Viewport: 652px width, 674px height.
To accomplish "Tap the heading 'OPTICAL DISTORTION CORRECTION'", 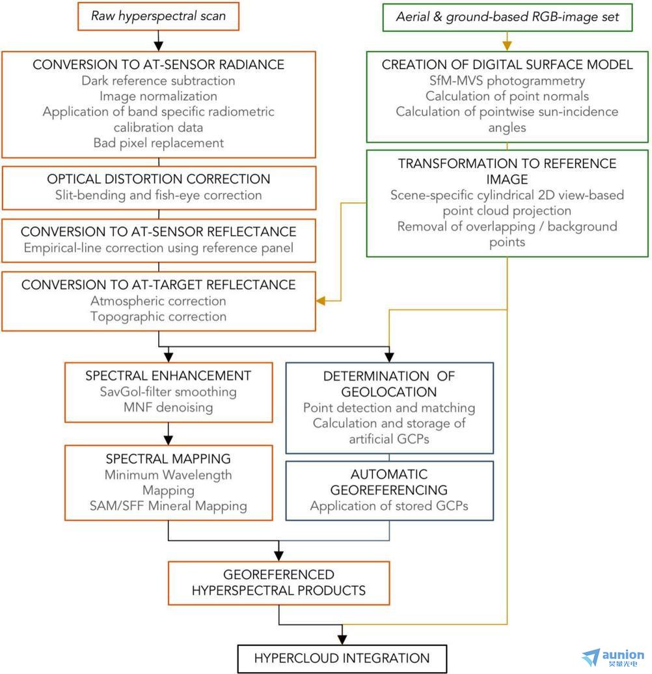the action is click(159, 179).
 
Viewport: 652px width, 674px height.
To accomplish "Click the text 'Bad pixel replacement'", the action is click(159, 143).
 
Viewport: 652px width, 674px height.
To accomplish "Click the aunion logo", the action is click(613, 658).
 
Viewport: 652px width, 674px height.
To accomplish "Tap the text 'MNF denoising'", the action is click(169, 407).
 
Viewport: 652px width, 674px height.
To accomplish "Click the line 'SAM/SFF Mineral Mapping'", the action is click(169, 506).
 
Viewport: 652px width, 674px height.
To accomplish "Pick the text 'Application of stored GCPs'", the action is click(389, 506).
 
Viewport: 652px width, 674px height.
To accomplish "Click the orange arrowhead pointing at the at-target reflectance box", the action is click(320, 301).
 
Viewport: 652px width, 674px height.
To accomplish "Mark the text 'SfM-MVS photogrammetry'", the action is click(508, 81).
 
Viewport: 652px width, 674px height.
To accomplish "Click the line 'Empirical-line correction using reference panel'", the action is click(159, 248).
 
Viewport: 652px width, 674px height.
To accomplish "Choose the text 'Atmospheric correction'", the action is click(159, 301).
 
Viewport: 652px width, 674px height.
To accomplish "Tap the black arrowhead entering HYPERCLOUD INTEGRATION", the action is click(342, 640).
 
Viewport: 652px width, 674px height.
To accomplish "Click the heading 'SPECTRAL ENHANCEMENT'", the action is click(169, 376).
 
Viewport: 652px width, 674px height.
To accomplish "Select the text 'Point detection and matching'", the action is click(389, 408).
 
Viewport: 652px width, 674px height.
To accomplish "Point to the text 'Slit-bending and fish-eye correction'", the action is click(159, 195).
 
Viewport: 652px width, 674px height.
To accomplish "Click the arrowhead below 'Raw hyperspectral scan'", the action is click(159, 46).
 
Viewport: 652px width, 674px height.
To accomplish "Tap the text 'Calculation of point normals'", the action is click(508, 96).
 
